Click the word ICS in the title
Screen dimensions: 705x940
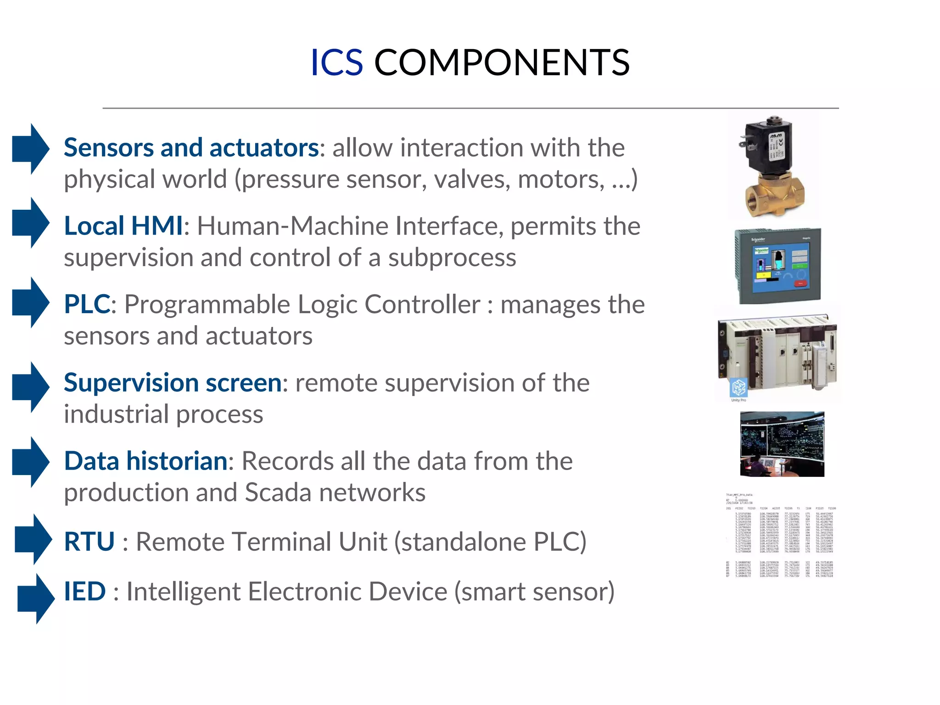pos(336,62)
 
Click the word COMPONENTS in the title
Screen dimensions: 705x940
pos(502,62)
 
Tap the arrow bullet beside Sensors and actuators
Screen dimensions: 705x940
pos(30,149)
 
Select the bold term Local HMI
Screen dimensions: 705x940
pos(123,226)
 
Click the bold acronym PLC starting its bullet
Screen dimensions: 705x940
pos(87,304)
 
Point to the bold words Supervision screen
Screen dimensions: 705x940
pos(173,382)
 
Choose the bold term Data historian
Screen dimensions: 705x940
pos(145,461)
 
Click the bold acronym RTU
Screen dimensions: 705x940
pos(89,542)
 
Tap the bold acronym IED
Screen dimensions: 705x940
pos(85,591)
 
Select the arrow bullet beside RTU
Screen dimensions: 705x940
pos(33,539)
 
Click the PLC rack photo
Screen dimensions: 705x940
pos(780,353)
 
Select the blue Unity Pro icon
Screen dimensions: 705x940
pos(739,388)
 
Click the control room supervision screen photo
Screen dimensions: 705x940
pos(782,444)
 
